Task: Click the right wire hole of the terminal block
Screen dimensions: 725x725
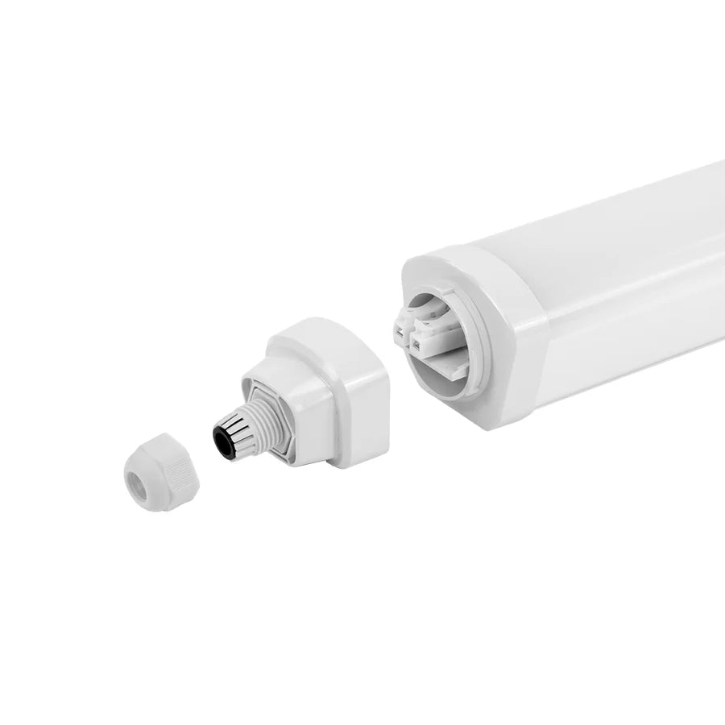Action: tap(417, 346)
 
